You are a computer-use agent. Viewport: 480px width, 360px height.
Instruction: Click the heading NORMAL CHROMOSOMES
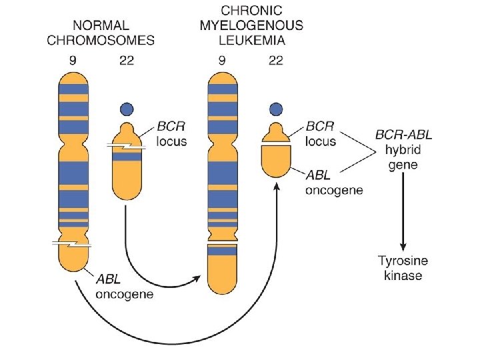(x=101, y=33)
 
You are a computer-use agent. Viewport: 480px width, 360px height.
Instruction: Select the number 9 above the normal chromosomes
(x=73, y=60)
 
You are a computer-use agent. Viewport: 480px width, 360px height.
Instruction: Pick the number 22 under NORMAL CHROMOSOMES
(x=125, y=60)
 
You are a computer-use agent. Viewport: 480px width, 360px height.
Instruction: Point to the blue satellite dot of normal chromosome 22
(x=125, y=109)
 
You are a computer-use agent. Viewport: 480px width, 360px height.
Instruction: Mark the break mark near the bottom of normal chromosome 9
(x=72, y=244)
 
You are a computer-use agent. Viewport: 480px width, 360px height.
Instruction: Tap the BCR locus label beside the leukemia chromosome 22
(x=321, y=133)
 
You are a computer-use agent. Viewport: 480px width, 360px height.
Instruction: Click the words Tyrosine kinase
(x=403, y=269)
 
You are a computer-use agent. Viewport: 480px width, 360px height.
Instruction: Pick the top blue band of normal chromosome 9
(x=73, y=89)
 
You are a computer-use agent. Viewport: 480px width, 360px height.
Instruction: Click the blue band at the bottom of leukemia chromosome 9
(x=222, y=251)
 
